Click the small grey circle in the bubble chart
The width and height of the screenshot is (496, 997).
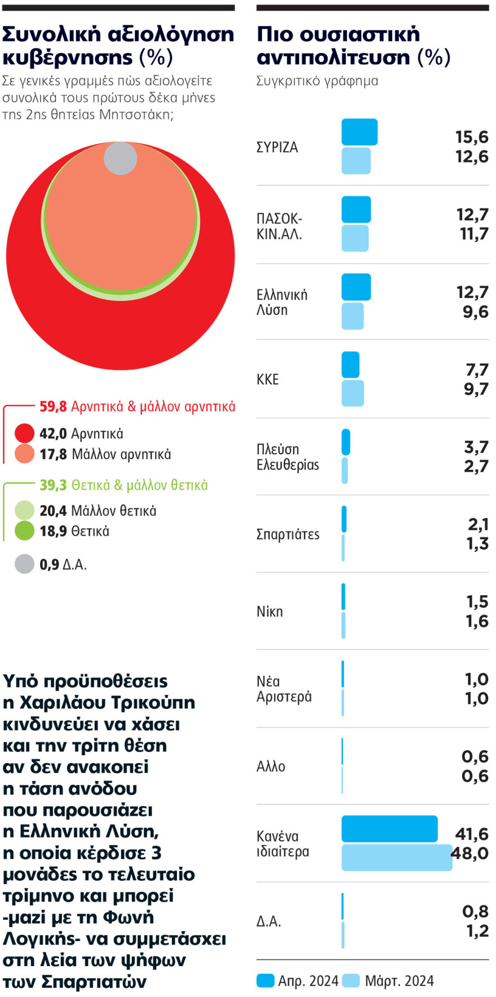tap(120, 158)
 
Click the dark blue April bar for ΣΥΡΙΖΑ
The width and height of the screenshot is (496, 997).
tap(359, 132)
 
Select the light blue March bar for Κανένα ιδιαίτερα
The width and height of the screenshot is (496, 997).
tap(397, 857)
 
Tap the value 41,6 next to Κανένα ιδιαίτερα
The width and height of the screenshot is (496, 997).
tap(472, 834)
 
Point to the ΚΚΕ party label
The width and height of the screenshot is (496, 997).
tap(268, 379)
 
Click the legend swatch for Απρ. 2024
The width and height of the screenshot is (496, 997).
tap(265, 981)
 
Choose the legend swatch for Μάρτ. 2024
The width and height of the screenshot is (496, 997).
tap(351, 981)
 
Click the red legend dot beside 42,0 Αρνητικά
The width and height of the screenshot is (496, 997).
tap(24, 433)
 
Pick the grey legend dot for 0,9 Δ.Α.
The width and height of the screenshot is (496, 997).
tap(24, 564)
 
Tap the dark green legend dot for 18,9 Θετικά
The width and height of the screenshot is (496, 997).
tap(24, 531)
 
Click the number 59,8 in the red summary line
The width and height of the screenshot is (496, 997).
tap(53, 406)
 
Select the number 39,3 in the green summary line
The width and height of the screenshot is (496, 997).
tap(53, 485)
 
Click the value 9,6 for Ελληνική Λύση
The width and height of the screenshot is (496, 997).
tap(475, 312)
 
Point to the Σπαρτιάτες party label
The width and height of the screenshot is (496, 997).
tap(287, 534)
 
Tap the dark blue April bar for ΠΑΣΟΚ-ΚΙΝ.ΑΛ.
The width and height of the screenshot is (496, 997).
tap(356, 210)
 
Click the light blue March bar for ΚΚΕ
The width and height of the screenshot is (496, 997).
tap(352, 393)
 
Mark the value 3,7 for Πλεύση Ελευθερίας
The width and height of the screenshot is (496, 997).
tap(476, 447)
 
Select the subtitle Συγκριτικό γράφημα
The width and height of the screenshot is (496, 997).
tap(317, 81)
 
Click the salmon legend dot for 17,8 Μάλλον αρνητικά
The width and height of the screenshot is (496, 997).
tap(24, 454)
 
